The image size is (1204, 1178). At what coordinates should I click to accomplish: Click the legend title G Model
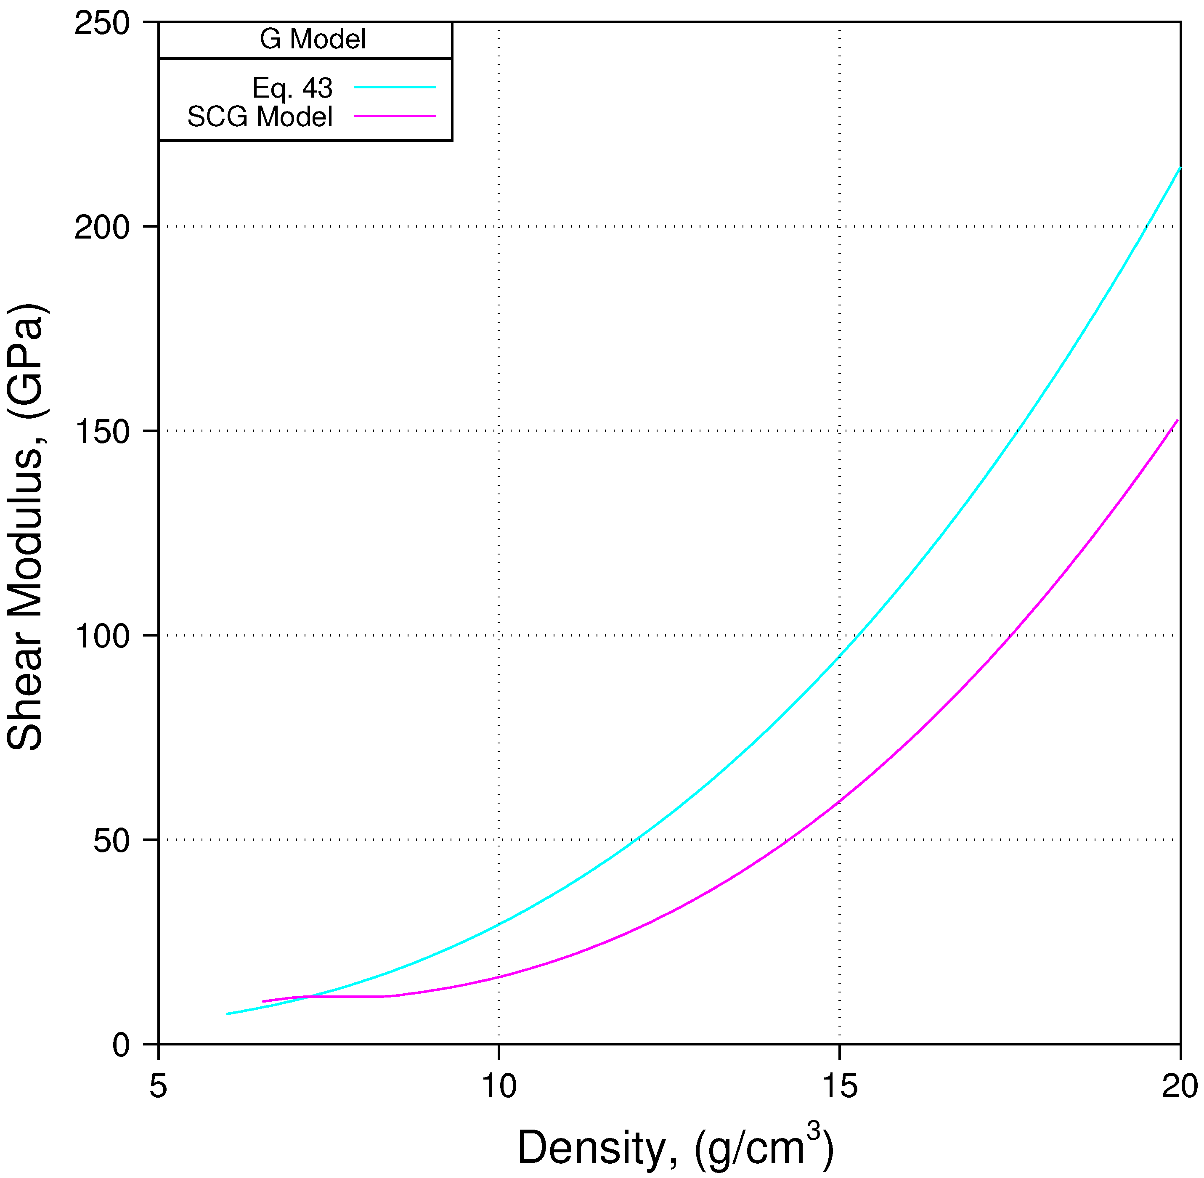click(313, 40)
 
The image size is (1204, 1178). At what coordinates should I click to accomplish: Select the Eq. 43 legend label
click(293, 88)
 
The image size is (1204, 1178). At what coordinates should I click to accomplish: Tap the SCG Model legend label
click(260, 117)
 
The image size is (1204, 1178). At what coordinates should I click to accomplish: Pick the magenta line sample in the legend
click(395, 116)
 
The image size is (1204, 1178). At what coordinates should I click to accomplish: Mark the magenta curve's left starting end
click(264, 1001)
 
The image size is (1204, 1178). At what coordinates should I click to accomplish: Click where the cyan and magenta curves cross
click(305, 997)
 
